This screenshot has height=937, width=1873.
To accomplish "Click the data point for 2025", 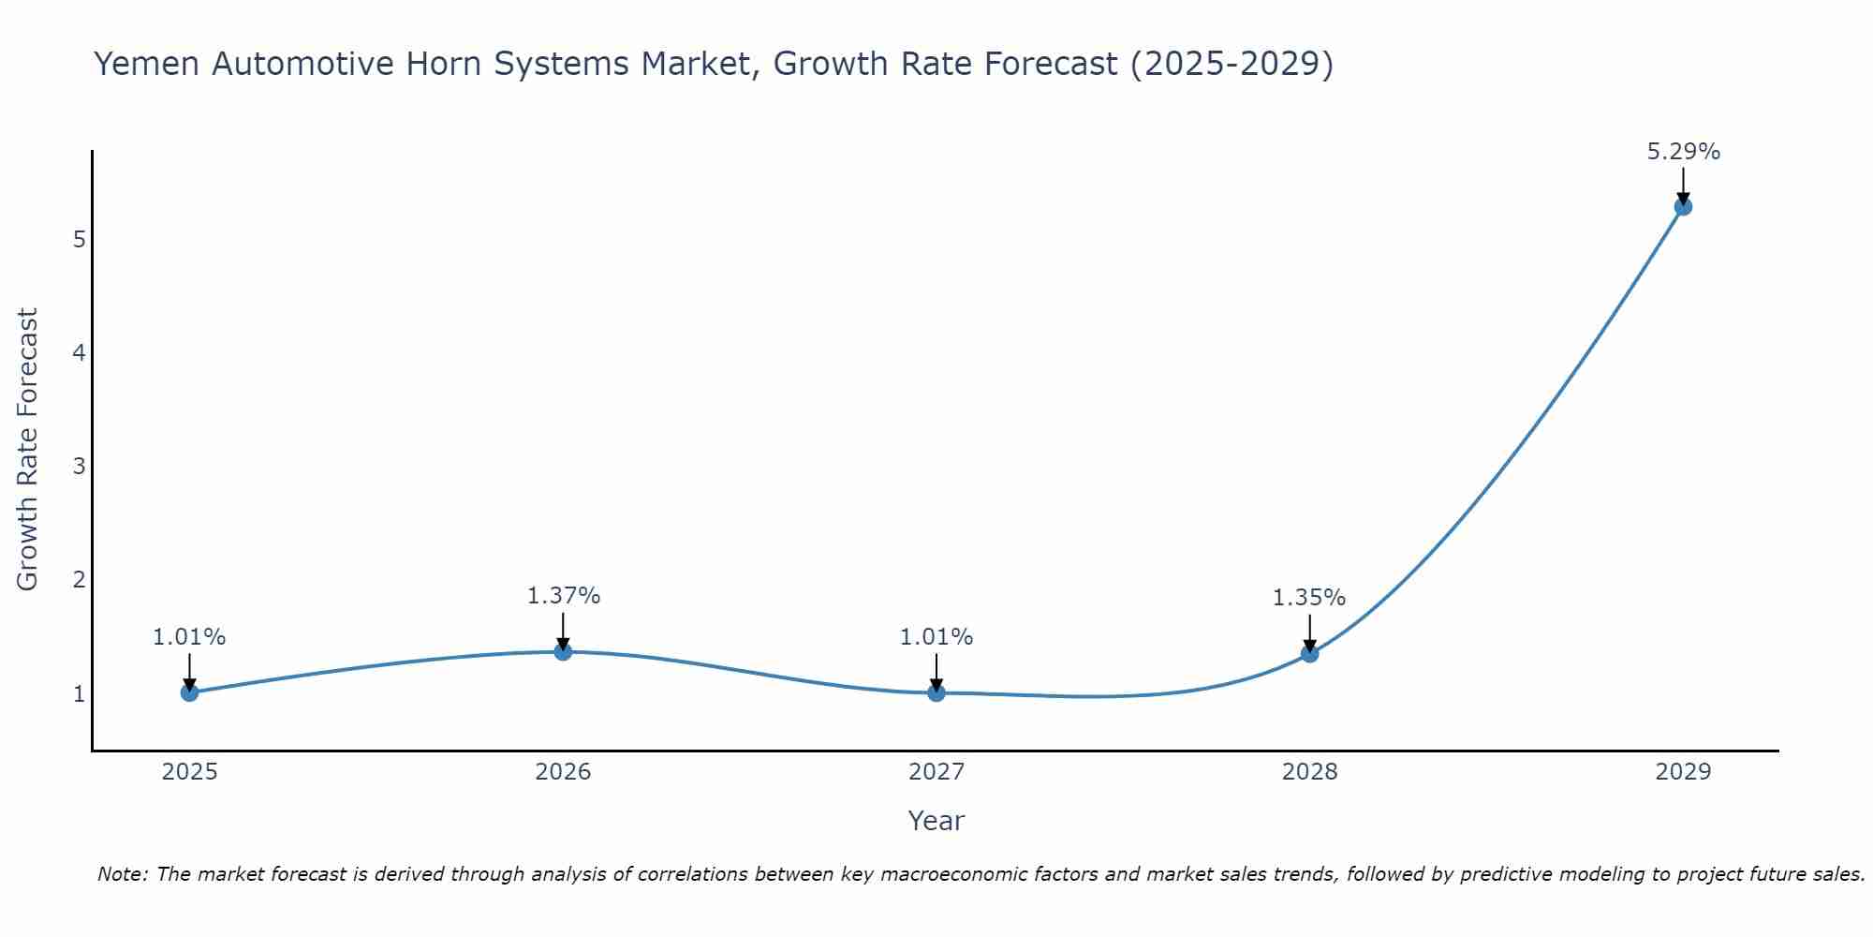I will (x=189, y=692).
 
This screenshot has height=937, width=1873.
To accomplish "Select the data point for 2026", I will (x=563, y=651).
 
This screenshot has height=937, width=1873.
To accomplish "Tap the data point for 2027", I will (x=936, y=692).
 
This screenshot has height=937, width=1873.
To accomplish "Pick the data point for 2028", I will (x=1309, y=653).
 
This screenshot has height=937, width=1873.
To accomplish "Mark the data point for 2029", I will (x=1683, y=206).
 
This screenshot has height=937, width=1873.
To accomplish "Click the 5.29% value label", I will (x=1683, y=152).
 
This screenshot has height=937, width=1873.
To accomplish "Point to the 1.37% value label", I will (x=563, y=596).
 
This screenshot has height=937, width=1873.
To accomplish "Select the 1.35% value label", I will (x=1308, y=598).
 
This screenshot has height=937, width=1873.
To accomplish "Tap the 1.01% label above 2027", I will (x=936, y=637).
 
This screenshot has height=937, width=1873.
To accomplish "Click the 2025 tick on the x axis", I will (x=189, y=772).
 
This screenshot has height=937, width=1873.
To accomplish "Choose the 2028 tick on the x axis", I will (x=1309, y=772).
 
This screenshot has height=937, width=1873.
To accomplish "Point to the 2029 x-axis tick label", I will (x=1683, y=772).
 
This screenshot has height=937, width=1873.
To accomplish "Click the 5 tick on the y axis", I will (x=80, y=240).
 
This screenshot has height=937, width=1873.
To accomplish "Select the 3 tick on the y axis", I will (x=80, y=467).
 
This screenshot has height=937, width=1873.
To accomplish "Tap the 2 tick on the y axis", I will (x=80, y=580).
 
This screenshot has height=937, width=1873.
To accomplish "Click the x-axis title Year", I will (x=936, y=821).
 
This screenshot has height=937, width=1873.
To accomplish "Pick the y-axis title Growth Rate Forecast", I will (x=28, y=450).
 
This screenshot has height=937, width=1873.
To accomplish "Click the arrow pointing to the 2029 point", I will (x=1683, y=186).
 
